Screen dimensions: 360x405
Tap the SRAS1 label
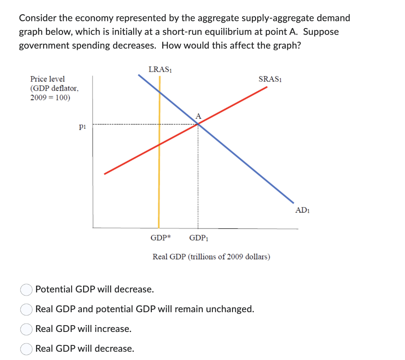(x=270, y=79)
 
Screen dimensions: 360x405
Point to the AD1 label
(x=303, y=210)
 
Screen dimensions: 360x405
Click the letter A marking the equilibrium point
(x=198, y=116)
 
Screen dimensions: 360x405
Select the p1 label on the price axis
(x=82, y=126)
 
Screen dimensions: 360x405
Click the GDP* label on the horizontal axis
(x=161, y=238)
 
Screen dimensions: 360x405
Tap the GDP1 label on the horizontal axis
(x=199, y=238)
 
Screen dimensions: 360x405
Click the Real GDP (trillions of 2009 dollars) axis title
(x=212, y=257)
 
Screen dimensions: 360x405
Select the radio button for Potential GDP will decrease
(x=26, y=290)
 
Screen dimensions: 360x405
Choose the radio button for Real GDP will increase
(x=26, y=329)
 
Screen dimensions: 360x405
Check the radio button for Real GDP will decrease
(x=26, y=349)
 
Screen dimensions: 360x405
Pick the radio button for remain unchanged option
(x=26, y=309)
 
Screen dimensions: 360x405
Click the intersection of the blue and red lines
(x=198, y=124)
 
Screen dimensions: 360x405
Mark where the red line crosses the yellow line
(x=159, y=145)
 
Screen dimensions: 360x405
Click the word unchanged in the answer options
(x=231, y=309)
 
